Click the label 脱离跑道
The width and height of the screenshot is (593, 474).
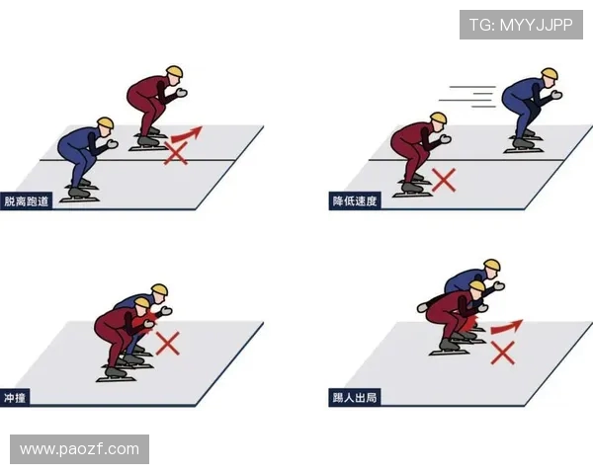coord(28,201)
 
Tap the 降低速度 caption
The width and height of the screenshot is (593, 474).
coord(355,201)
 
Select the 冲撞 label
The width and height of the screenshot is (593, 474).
coord(16,398)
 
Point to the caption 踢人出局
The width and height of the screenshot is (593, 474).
coord(355,398)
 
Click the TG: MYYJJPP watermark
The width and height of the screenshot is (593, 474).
coord(520,25)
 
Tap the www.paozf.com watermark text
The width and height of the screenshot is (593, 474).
coord(79,449)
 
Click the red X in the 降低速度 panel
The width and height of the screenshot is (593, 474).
coord(444,180)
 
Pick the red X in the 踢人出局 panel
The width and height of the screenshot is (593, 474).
coord(503,353)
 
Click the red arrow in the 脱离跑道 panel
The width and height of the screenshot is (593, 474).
coord(188,133)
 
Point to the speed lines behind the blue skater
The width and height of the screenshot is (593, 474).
coord(468,95)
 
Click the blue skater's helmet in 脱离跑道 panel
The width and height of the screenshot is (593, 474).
coord(106,124)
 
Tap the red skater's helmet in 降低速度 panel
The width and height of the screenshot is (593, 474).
coord(437,120)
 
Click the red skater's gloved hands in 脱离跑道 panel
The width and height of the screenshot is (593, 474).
coord(180,94)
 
